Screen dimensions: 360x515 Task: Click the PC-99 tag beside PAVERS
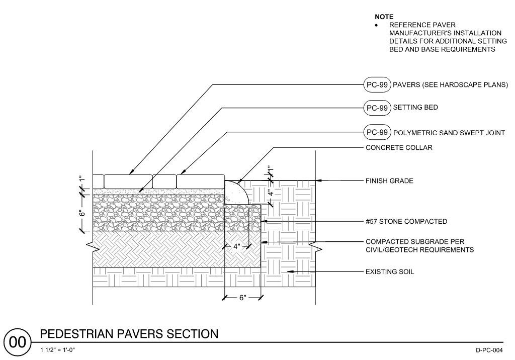[377, 84]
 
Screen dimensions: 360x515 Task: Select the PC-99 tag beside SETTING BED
[377, 108]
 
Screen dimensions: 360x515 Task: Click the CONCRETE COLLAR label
[399, 148]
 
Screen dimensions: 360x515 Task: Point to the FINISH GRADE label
[389, 181]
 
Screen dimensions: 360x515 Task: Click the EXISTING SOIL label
[390, 272]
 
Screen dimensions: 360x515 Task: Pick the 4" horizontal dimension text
[236, 246]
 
